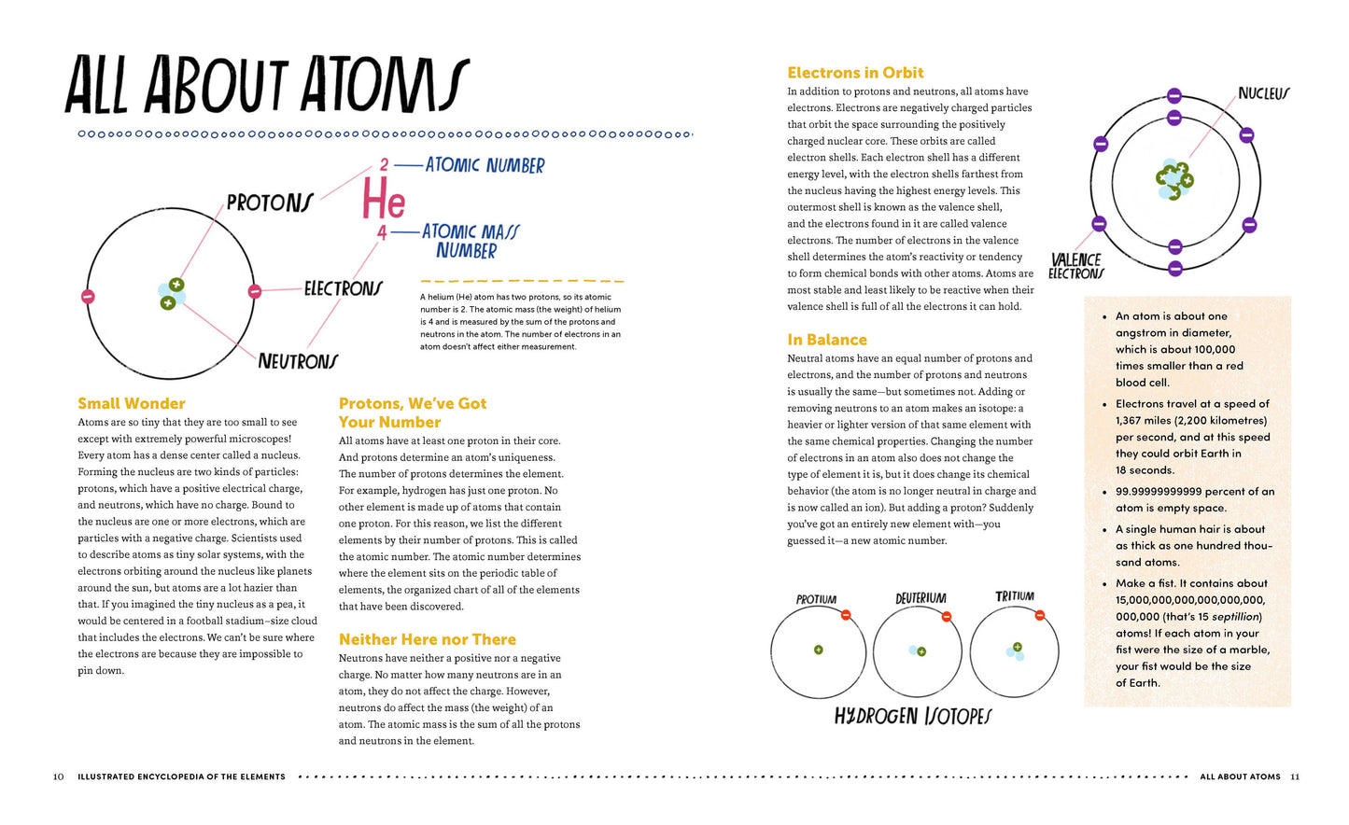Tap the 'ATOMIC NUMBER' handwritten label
(x=485, y=165)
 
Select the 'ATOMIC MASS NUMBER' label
(x=470, y=241)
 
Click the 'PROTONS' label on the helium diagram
(x=270, y=203)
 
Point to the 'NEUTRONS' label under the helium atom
(x=298, y=361)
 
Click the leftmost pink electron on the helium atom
(x=88, y=297)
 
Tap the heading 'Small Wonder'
(x=132, y=403)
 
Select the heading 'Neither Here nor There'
(x=427, y=639)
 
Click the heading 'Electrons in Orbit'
(x=855, y=73)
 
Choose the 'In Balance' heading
(x=826, y=340)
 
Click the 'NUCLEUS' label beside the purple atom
(x=1263, y=93)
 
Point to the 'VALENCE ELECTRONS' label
(x=1075, y=267)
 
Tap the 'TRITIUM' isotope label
(x=1014, y=596)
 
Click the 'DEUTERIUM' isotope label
(x=920, y=598)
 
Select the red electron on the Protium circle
(x=846, y=615)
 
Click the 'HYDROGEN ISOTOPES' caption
(x=912, y=716)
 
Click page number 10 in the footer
(x=58, y=776)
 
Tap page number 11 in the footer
(x=1294, y=776)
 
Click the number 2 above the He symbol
(x=383, y=165)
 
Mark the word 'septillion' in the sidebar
(x=1235, y=617)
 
